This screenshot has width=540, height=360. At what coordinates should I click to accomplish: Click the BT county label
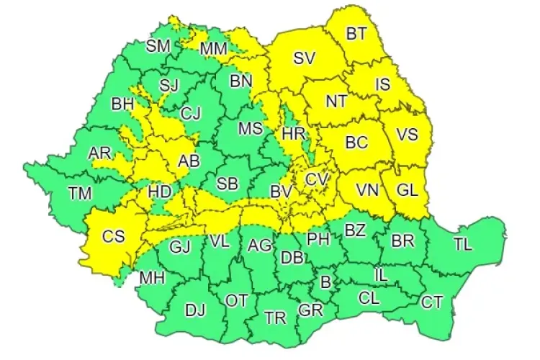(356, 33)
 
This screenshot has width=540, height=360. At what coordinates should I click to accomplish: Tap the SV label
(304, 60)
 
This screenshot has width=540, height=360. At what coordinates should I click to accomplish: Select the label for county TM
(80, 192)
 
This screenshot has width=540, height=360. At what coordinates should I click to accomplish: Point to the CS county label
(113, 235)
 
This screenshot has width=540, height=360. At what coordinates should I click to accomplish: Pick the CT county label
(432, 302)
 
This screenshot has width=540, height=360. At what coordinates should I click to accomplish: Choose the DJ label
(195, 310)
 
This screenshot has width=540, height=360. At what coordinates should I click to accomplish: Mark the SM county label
(158, 46)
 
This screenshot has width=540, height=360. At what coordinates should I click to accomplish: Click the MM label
(213, 49)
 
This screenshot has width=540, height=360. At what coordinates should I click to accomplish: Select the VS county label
(408, 135)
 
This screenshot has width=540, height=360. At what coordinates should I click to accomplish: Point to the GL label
(408, 191)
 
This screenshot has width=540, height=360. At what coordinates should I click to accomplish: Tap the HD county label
(159, 192)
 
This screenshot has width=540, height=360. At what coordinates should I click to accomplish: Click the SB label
(228, 184)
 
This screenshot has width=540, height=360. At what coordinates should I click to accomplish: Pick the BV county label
(280, 192)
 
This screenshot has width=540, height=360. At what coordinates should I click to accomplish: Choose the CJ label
(191, 112)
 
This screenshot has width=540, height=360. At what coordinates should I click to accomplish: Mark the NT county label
(336, 102)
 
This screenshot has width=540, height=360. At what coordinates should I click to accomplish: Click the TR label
(274, 318)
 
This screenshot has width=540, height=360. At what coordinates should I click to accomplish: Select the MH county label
(151, 277)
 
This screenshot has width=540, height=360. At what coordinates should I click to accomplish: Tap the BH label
(122, 104)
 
